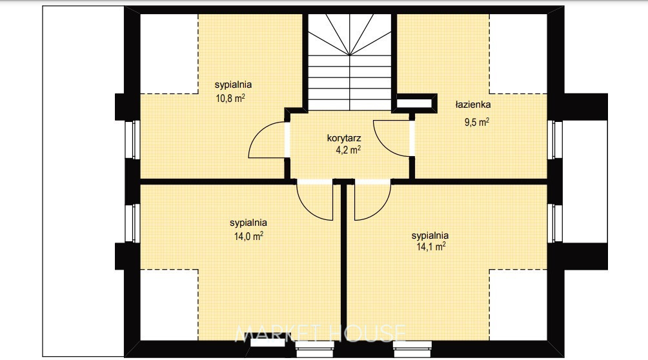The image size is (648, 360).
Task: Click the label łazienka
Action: [473, 105]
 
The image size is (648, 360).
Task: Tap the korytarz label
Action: [344, 138]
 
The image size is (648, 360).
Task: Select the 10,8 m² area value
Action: [230, 98]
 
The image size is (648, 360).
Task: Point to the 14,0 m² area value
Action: [248, 236]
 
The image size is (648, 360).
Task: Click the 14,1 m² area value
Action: [430, 246]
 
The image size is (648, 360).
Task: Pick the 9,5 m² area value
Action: [477, 122]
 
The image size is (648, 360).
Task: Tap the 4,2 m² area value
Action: [348, 150]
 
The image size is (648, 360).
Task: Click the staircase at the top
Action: [350, 62]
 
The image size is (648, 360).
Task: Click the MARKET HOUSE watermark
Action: [320, 334]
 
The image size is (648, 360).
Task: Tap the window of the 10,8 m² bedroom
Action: [133, 139]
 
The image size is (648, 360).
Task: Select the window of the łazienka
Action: [555, 139]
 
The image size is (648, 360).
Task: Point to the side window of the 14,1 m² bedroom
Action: [555, 223]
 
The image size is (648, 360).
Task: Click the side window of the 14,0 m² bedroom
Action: [133, 223]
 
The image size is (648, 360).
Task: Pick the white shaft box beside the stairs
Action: [414, 102]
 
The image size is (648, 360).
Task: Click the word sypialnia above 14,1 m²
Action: [430, 235]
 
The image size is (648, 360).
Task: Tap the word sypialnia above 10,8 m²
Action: [233, 85]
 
